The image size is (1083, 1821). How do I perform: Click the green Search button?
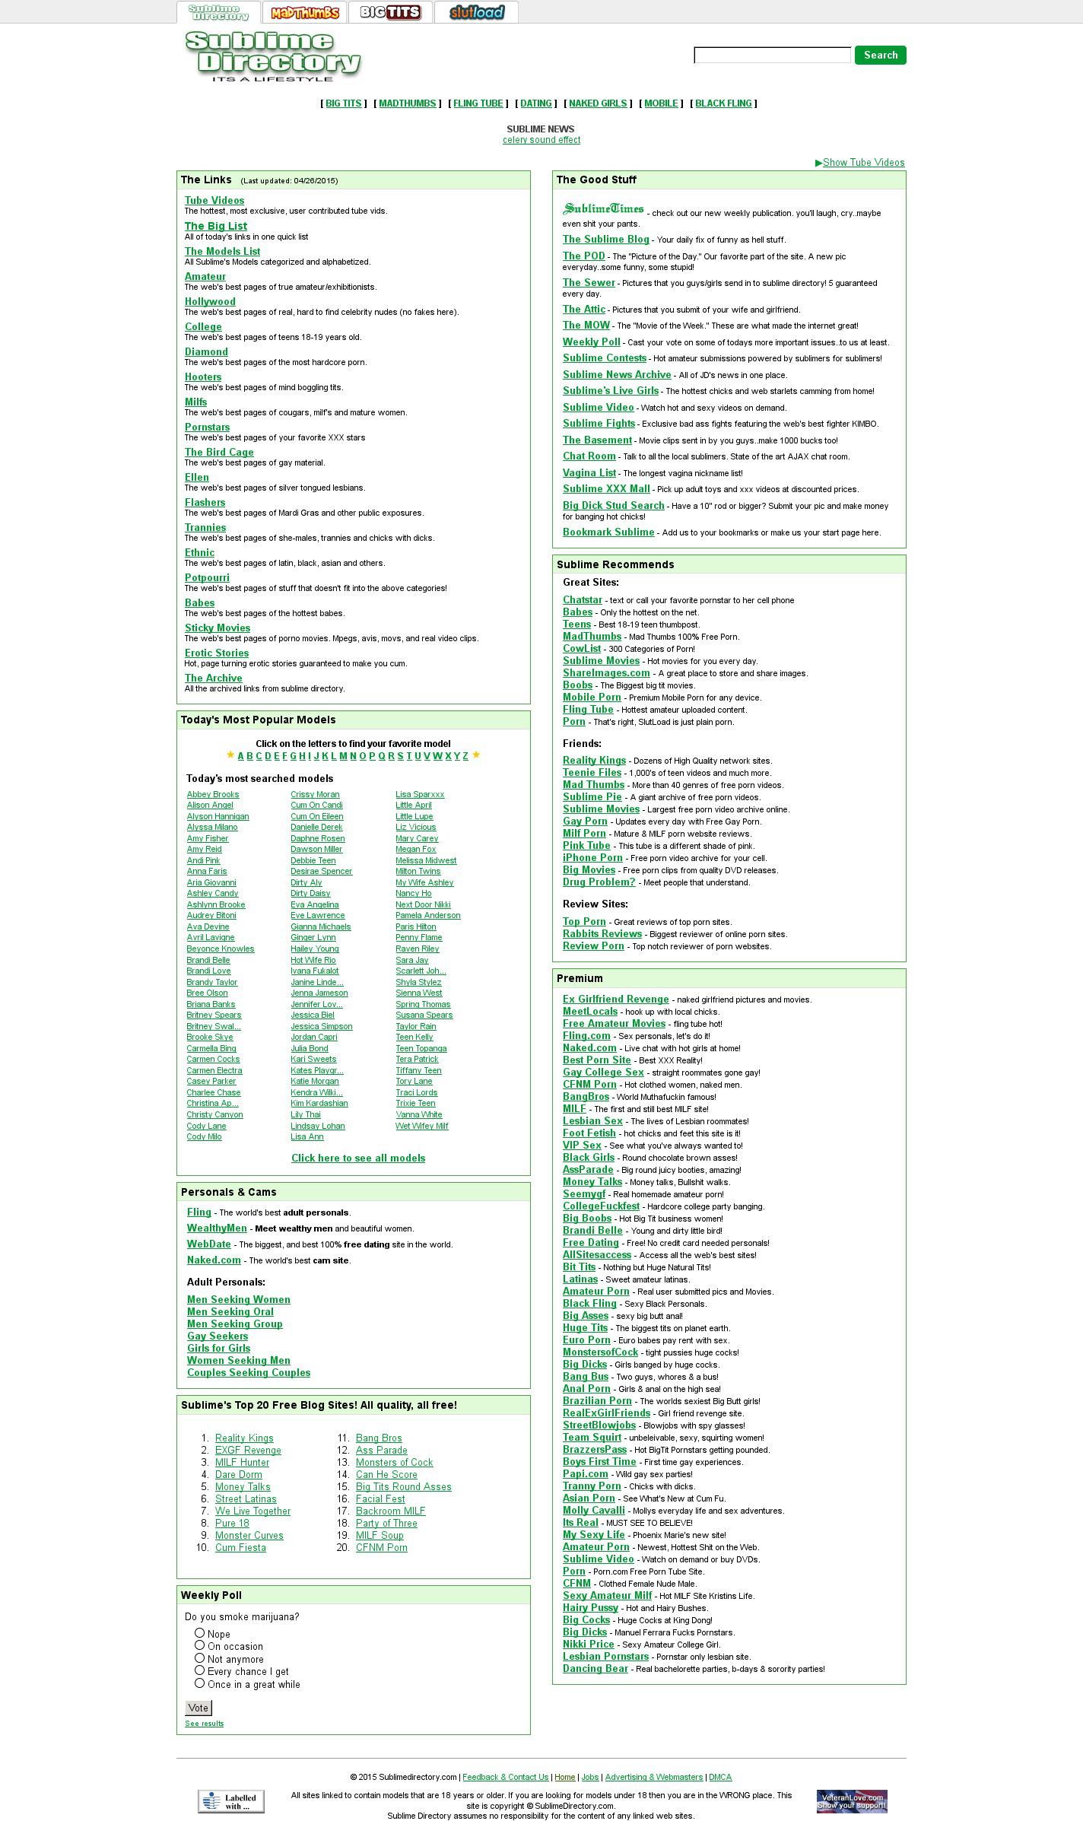coord(880,55)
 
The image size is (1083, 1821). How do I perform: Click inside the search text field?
coord(772,55)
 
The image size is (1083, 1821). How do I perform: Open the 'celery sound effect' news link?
coord(541,140)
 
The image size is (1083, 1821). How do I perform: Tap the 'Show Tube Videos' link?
coord(863,162)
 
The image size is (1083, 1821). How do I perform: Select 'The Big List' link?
coord(215,226)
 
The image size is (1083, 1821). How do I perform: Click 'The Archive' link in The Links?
coord(213,678)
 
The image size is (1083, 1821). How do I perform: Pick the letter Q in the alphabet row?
coord(381,755)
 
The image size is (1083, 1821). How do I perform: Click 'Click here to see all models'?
coord(358,1158)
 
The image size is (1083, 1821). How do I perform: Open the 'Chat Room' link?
coord(589,456)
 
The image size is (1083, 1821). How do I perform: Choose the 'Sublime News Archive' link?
coord(616,374)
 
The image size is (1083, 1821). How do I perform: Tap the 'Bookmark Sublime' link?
coord(608,532)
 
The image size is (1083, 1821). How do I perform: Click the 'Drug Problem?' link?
coord(599,882)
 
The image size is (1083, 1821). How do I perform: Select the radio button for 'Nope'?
coord(199,1632)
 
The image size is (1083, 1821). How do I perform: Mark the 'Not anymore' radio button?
coord(199,1657)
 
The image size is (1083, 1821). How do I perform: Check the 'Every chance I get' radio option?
coord(199,1670)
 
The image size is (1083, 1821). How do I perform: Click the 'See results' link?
coord(204,1723)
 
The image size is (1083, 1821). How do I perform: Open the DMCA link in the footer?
coord(719,1777)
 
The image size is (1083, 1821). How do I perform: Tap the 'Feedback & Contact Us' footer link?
coord(505,1777)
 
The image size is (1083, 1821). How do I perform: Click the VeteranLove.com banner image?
coord(851,1800)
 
